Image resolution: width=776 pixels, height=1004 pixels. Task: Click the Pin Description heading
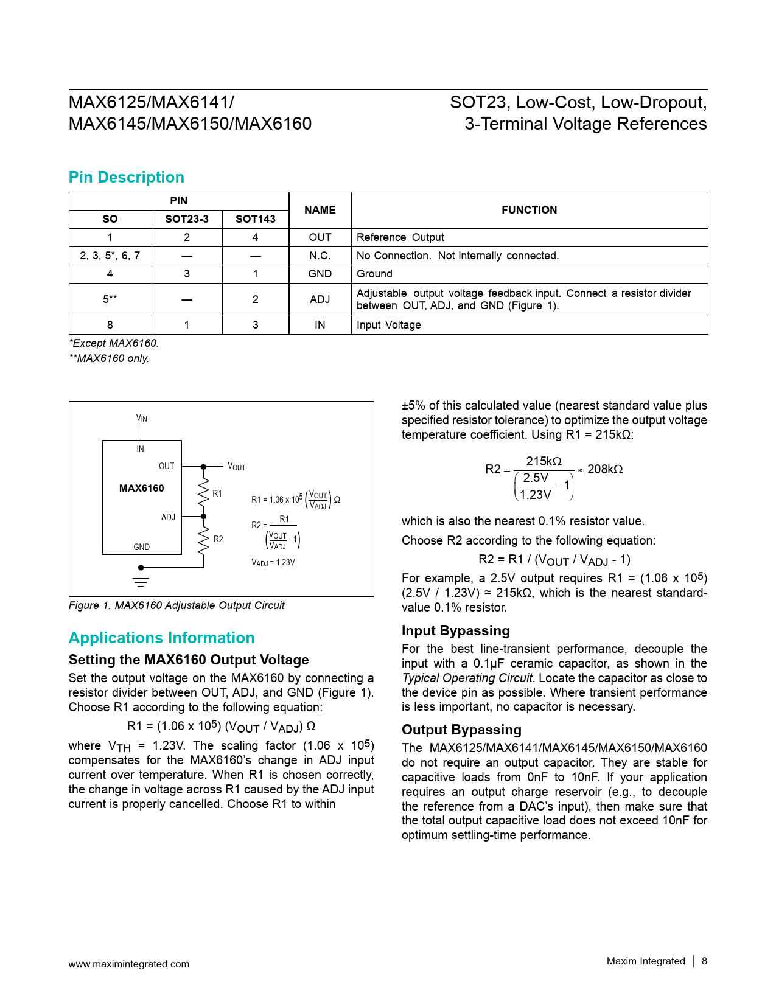coord(126,177)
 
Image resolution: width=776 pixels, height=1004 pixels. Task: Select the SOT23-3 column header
coord(187,219)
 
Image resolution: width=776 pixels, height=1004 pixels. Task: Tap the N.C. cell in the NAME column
coord(320,256)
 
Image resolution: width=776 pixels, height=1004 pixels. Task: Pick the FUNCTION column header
coord(529,210)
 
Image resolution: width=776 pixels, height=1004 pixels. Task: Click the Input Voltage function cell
coord(389,325)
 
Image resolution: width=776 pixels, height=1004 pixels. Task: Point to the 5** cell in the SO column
coord(110,299)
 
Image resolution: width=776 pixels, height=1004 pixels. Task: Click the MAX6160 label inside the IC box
coord(141,488)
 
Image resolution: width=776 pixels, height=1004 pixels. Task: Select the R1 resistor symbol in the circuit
coord(204,493)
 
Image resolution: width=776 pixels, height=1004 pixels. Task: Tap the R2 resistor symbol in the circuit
coord(204,539)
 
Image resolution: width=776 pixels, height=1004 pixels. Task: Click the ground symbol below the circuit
coord(141,581)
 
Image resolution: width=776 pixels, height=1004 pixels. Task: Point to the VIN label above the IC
coord(141,418)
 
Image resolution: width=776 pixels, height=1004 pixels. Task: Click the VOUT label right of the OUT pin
coord(236,467)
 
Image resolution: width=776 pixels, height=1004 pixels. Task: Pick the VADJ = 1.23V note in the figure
coord(273,563)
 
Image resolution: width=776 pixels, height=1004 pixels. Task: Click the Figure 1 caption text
coord(177,605)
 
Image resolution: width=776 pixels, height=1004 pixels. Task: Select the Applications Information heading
coord(161,638)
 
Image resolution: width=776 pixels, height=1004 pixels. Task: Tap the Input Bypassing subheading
coord(455,630)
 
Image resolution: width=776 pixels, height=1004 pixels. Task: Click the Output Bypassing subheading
coord(461,730)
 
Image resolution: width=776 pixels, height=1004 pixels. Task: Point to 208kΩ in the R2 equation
coord(605,469)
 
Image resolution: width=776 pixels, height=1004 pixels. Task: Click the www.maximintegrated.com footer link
coord(128,964)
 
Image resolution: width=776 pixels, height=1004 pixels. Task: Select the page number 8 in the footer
coord(704,961)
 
